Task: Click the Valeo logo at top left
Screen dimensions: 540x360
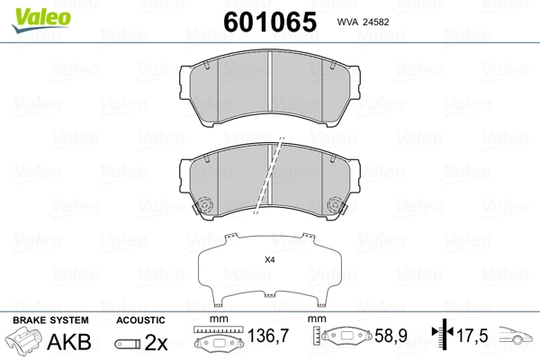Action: coord(41,20)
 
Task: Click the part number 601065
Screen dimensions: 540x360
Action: coord(270,22)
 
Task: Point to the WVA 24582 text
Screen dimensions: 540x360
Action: coord(363,22)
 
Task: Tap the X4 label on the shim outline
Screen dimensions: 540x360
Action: coord(270,260)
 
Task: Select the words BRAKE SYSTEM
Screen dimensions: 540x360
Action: coord(50,320)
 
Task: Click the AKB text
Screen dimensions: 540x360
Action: coord(69,342)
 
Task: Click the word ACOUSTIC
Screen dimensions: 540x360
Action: coord(140,320)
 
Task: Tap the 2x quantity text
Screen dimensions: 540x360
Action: coord(156,342)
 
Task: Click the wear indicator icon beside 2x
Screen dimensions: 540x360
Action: coord(128,344)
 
